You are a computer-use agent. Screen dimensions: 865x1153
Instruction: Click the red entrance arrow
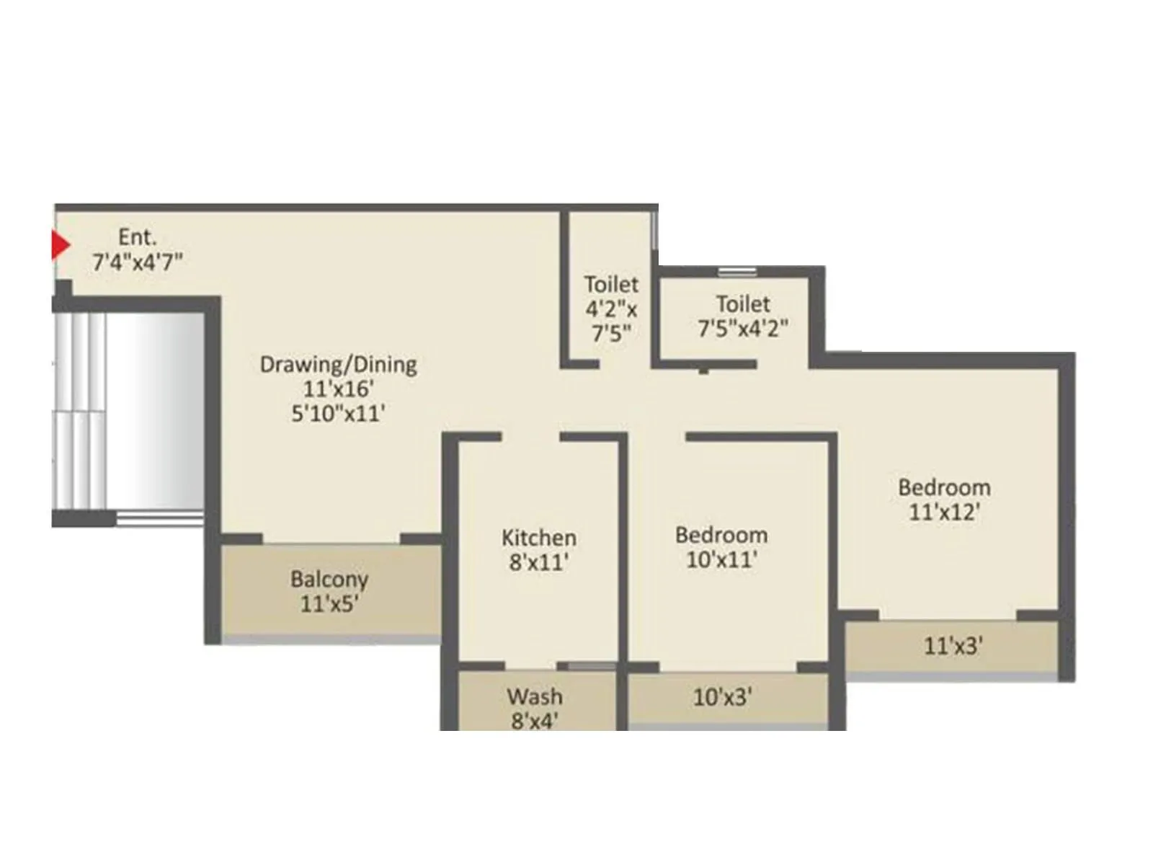click(x=59, y=246)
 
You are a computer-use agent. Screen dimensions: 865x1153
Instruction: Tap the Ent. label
click(x=137, y=237)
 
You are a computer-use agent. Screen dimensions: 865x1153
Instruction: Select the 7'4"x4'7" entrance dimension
click(x=137, y=262)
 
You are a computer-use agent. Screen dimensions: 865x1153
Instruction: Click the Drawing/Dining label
click(x=338, y=364)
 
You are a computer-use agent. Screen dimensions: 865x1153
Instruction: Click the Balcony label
click(x=329, y=579)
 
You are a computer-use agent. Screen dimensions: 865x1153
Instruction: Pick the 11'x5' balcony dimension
click(x=329, y=603)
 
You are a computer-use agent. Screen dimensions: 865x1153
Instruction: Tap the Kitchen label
click(x=539, y=538)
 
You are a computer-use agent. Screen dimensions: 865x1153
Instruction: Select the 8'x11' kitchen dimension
click(x=539, y=562)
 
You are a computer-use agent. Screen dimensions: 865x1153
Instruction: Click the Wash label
click(x=535, y=696)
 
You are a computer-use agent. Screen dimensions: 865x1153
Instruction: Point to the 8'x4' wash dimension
click(x=535, y=720)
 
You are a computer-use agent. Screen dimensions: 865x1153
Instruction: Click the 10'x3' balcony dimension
click(x=723, y=697)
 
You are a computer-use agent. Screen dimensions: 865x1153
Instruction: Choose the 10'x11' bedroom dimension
click(x=721, y=559)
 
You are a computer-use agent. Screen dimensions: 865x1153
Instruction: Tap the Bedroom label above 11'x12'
click(x=944, y=487)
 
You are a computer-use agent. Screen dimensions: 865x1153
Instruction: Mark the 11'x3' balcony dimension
click(x=953, y=646)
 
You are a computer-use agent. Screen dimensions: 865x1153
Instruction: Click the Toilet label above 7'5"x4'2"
click(x=743, y=303)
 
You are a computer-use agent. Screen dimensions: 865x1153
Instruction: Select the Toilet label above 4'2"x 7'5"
click(x=611, y=284)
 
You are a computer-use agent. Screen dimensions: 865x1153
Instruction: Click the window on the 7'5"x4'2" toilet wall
click(x=737, y=272)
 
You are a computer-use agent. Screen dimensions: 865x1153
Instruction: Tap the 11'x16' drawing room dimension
click(x=338, y=389)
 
